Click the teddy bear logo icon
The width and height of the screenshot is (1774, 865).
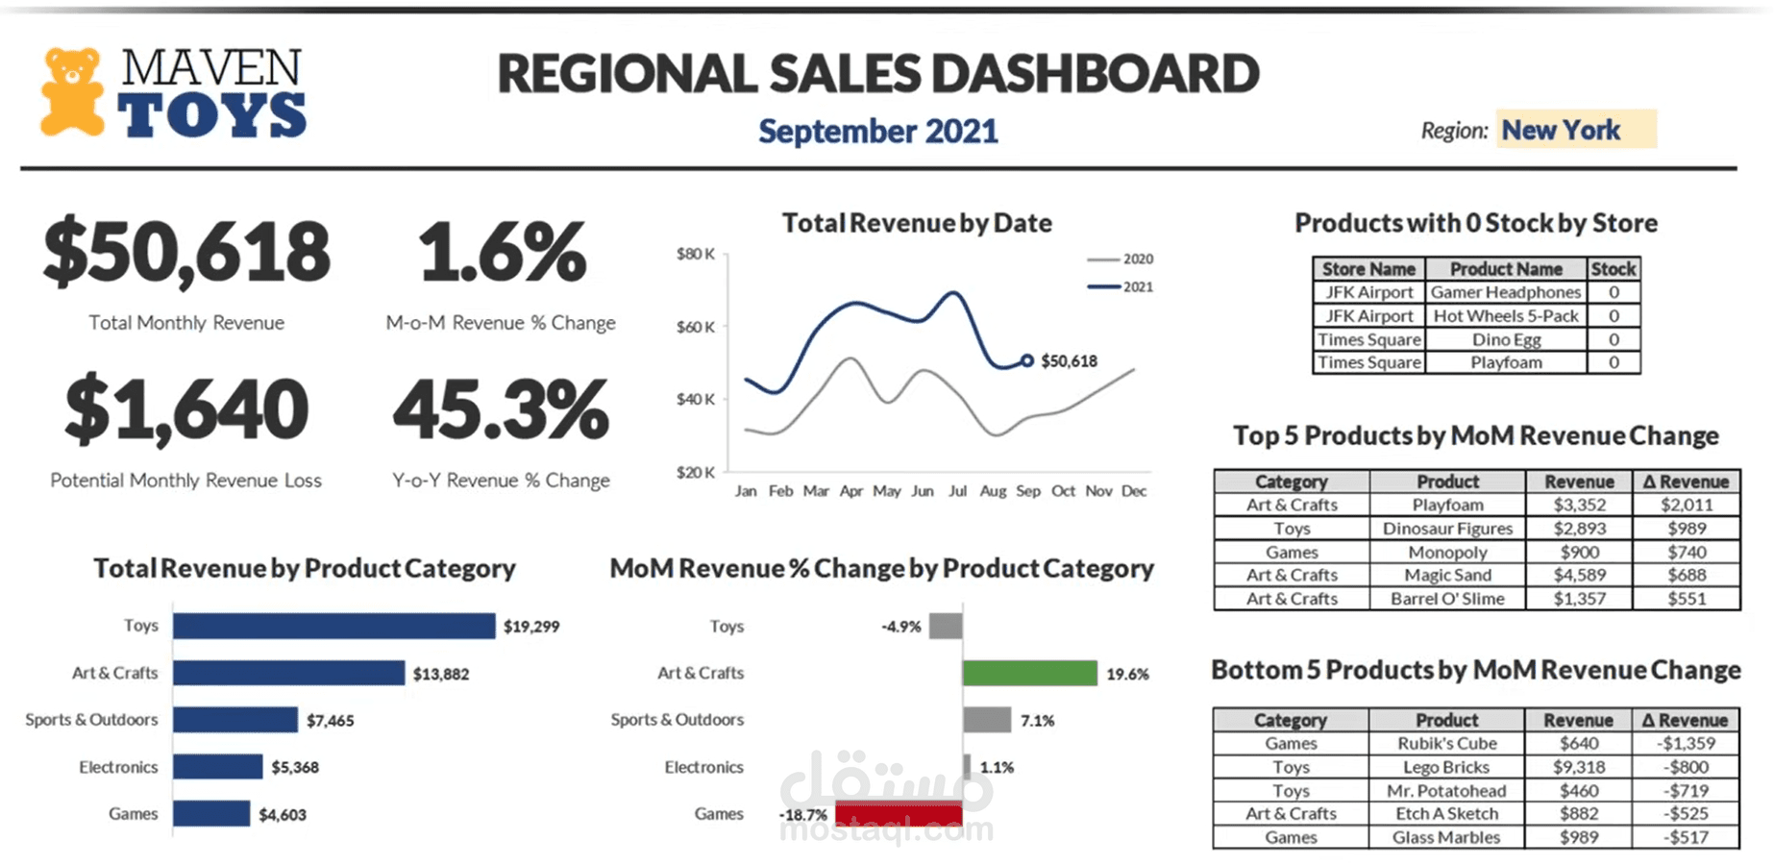(72, 92)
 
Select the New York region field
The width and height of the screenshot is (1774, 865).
(1575, 130)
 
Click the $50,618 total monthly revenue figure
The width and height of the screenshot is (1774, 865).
(186, 252)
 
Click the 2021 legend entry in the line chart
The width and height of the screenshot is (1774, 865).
(1121, 286)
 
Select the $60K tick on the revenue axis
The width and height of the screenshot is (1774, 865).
(696, 327)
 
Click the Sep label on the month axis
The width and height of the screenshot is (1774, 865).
(1028, 491)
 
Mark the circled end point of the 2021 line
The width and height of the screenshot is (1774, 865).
(1027, 360)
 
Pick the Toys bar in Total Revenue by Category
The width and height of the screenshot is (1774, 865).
(333, 626)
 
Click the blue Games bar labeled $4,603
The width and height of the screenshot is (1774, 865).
(211, 814)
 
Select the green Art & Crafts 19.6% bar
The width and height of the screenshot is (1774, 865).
(1029, 673)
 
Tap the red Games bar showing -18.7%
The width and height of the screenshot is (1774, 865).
(899, 814)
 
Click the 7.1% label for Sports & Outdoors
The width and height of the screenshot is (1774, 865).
(1037, 720)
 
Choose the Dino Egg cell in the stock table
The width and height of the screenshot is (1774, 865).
(1506, 339)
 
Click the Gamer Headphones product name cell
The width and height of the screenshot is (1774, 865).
(1506, 292)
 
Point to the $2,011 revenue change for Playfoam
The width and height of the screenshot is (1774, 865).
(1687, 505)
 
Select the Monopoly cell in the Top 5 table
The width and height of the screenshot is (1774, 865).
(1447, 552)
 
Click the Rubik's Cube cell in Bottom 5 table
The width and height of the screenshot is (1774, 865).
(1446, 743)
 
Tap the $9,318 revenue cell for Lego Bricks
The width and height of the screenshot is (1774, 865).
(1578, 767)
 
